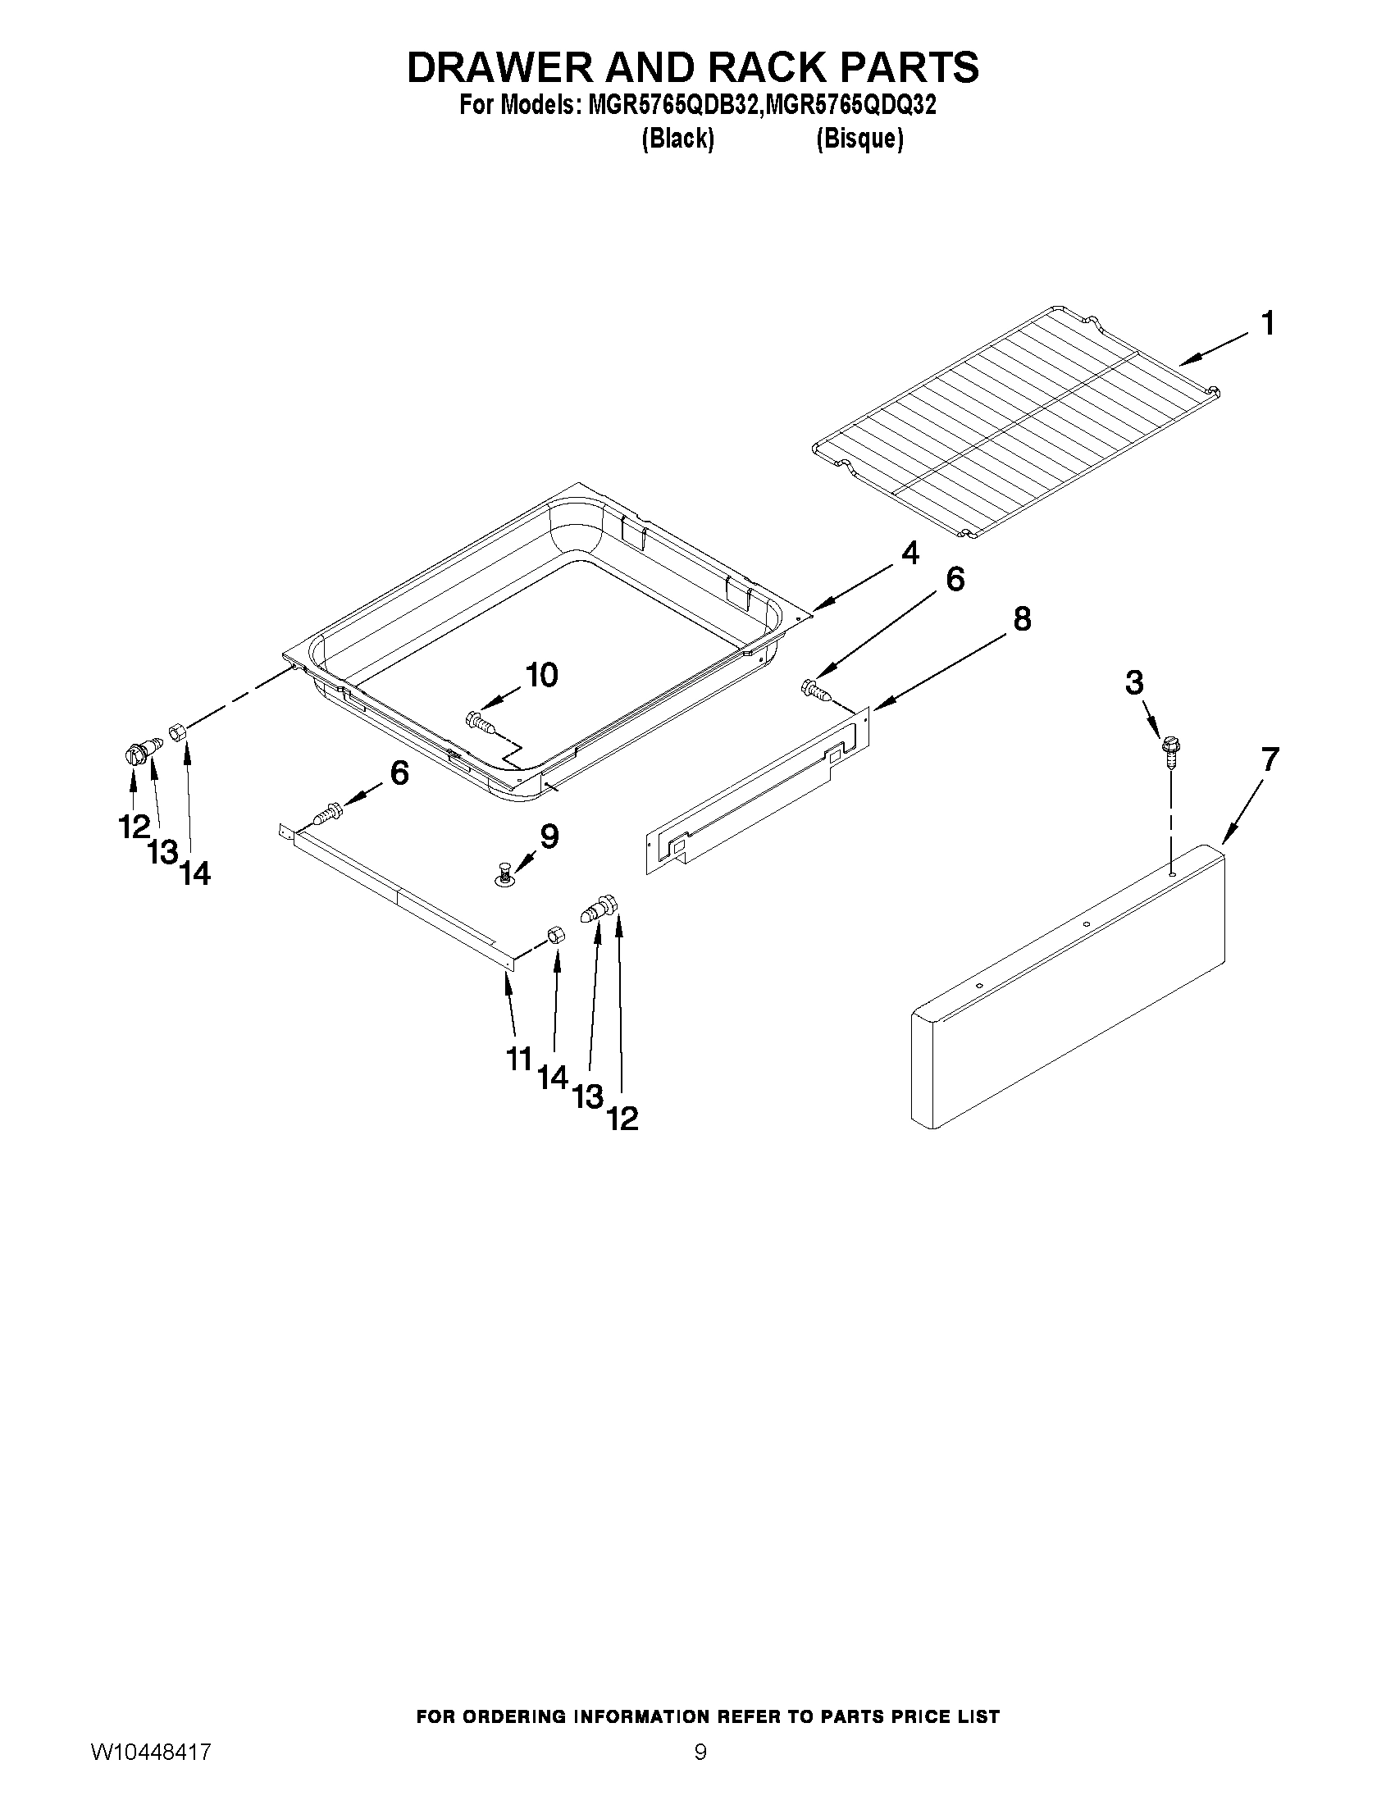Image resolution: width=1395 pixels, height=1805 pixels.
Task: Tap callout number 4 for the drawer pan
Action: tap(909, 553)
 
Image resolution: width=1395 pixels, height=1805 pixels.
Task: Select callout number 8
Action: tap(1023, 618)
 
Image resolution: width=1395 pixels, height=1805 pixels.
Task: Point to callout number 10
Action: tap(541, 675)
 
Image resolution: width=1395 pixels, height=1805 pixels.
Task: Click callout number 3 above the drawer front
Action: tap(1134, 682)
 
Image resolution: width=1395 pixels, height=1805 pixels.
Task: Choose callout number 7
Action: tap(1270, 758)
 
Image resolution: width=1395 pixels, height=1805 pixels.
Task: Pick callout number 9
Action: tap(549, 836)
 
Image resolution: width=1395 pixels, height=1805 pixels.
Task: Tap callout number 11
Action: tap(518, 1058)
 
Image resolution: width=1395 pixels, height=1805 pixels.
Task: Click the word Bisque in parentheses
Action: tap(859, 139)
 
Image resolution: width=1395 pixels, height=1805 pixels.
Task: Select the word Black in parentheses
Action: tap(677, 139)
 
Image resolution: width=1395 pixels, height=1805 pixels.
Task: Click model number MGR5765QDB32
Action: tap(673, 106)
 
